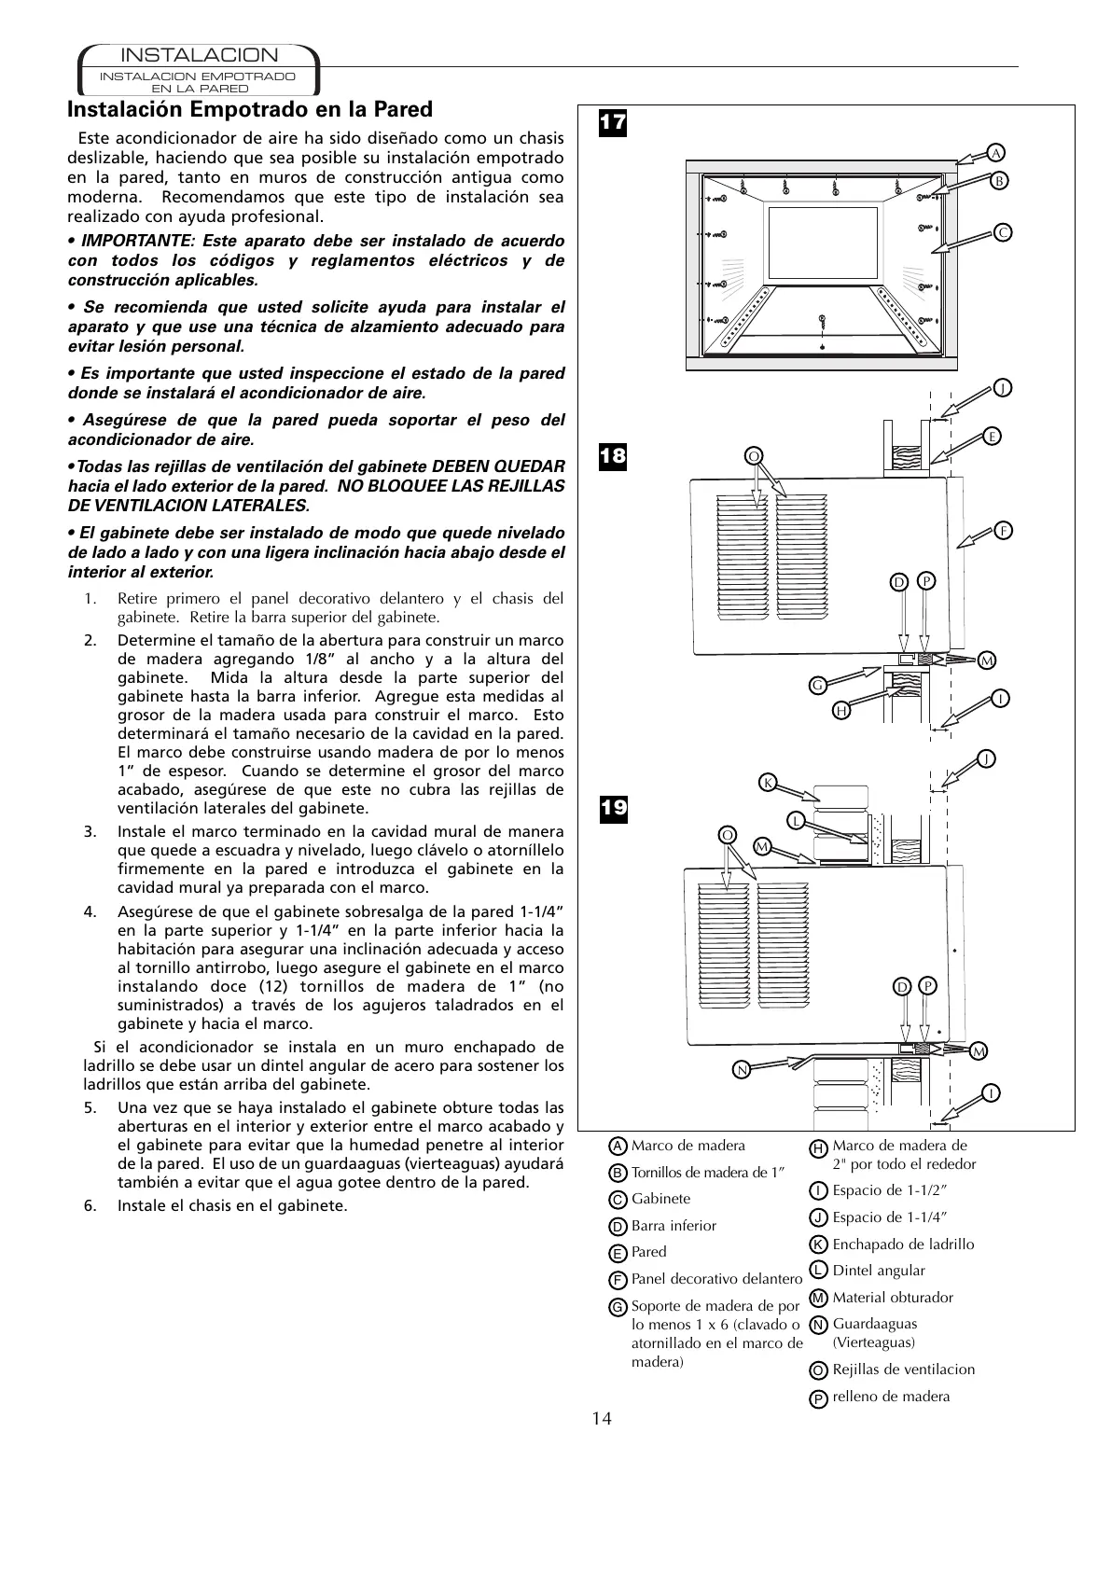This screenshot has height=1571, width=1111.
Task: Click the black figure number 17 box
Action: [613, 122]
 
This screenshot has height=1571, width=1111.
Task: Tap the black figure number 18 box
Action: [613, 456]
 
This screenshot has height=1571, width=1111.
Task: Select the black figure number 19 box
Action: [613, 808]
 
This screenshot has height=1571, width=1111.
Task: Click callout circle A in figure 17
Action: [996, 152]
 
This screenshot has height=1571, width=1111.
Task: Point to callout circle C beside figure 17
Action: [1002, 232]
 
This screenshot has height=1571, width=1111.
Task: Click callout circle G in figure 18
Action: [817, 685]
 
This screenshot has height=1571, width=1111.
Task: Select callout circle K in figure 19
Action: [768, 782]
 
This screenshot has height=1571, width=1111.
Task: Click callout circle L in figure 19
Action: [795, 820]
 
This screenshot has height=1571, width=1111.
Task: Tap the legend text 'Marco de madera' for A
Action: [687, 1146]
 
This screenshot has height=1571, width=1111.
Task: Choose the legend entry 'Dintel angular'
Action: [878, 1270]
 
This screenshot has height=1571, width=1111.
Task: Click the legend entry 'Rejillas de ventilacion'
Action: [903, 1369]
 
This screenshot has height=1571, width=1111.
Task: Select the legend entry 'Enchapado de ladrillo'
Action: [902, 1244]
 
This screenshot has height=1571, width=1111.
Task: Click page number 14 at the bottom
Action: [602, 1419]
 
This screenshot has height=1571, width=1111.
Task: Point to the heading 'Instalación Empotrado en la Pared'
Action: [250, 109]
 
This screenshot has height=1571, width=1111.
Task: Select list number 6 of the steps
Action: [90, 1205]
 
